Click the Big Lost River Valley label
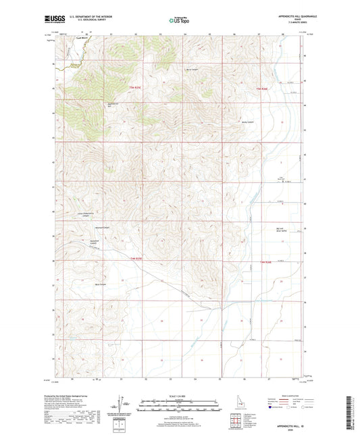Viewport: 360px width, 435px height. pyautogui.click(x=283, y=230)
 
